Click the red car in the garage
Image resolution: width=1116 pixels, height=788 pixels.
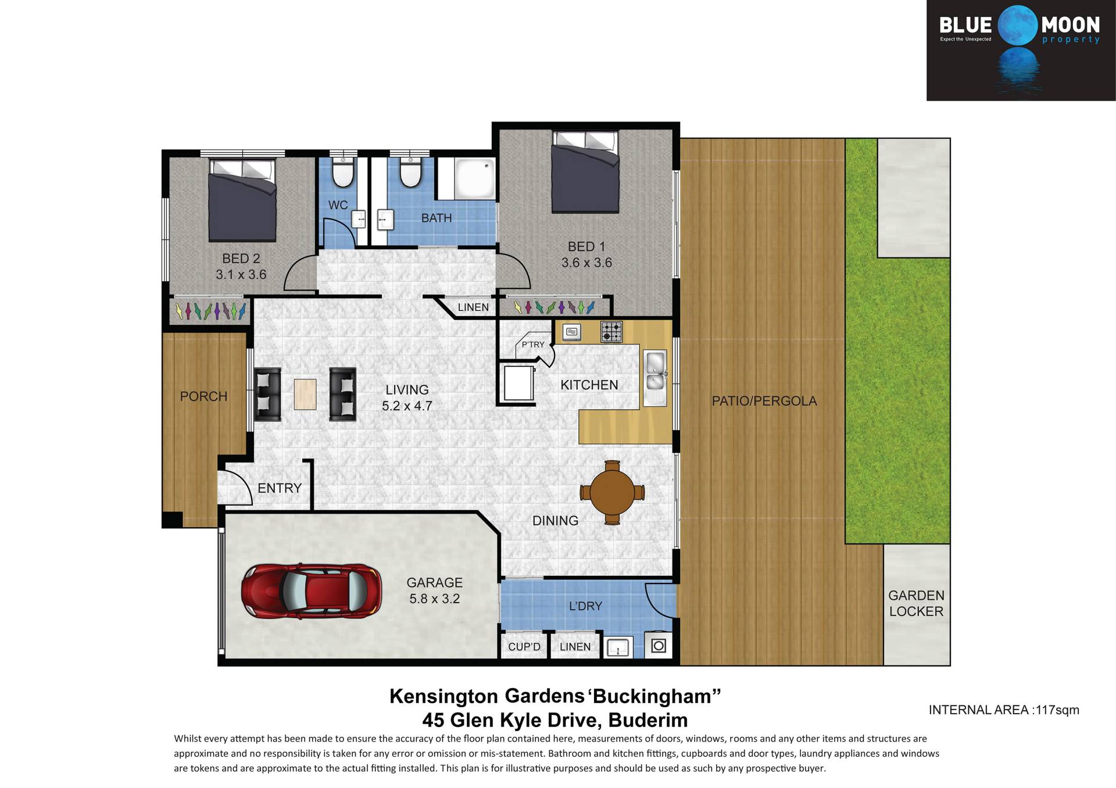(x=312, y=590)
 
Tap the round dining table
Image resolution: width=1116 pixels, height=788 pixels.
(x=612, y=492)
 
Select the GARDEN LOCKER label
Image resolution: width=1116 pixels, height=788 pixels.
(x=916, y=603)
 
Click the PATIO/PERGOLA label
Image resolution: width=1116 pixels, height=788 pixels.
(x=764, y=401)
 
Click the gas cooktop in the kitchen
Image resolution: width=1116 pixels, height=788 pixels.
(x=611, y=332)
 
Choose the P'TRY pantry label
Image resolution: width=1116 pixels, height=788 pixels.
(x=533, y=345)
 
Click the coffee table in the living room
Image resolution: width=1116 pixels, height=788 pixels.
(x=305, y=395)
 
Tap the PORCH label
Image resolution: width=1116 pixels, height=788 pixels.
(x=203, y=396)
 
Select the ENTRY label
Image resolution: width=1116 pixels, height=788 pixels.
(x=280, y=488)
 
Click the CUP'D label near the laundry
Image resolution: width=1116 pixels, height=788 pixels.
(x=524, y=647)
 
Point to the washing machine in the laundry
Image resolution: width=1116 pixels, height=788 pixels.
(x=659, y=645)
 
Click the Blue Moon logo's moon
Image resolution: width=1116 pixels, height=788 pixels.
(x=1018, y=26)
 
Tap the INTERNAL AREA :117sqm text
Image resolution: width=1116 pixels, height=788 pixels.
(x=1004, y=710)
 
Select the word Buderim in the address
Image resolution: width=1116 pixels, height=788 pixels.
(x=648, y=720)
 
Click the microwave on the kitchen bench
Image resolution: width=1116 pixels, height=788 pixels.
(x=572, y=332)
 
